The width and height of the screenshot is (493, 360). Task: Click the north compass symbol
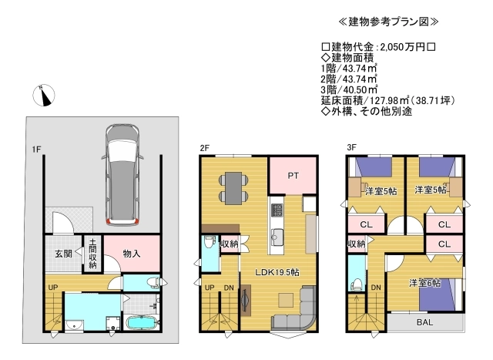(44, 95)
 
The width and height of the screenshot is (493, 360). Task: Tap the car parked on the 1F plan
(122, 175)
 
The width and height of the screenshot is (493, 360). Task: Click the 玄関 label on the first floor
(63, 254)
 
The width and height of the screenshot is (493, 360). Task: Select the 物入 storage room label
(132, 254)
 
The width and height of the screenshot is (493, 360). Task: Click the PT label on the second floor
(293, 176)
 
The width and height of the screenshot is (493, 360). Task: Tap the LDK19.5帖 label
(277, 272)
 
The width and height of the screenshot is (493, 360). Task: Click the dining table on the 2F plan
(233, 188)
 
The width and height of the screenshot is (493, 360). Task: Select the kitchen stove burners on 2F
(277, 210)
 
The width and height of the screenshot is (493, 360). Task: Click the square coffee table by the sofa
(286, 300)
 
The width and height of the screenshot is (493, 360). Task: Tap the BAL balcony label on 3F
(424, 322)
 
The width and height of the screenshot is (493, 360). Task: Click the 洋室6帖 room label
(424, 283)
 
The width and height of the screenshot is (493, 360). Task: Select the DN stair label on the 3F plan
(376, 288)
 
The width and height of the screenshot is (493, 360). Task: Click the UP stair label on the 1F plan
(53, 288)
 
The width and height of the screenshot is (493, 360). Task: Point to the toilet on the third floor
(357, 284)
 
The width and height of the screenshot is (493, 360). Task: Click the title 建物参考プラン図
(388, 22)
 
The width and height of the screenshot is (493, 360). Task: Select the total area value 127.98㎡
(389, 100)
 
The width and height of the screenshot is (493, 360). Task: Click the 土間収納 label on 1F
(92, 254)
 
